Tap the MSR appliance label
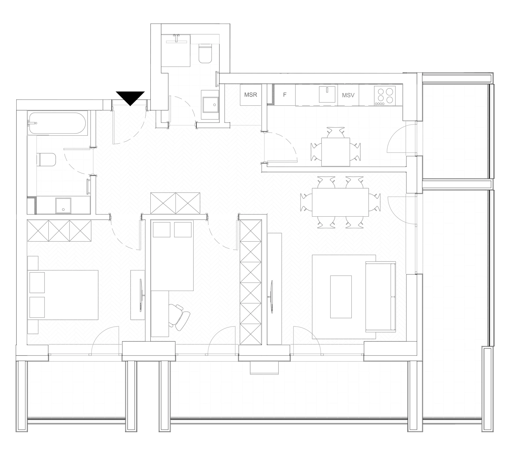pyautogui.click(x=251, y=95)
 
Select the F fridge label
pyautogui.click(x=284, y=95)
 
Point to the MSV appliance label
pyautogui.click(x=348, y=95)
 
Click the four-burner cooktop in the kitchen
pyautogui.click(x=385, y=95)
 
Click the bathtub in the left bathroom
pyautogui.click(x=57, y=123)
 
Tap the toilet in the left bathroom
pyautogui.click(x=47, y=159)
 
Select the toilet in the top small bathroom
pyautogui.click(x=205, y=53)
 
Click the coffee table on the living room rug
pyautogui.click(x=341, y=297)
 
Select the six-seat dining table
pyautogui.click(x=340, y=202)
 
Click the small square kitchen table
pyautogui.click(x=336, y=152)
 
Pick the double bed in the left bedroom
pyautogui.click(x=63, y=295)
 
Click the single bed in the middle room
pyautogui.click(x=172, y=255)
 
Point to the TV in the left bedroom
pyautogui.click(x=141, y=296)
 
